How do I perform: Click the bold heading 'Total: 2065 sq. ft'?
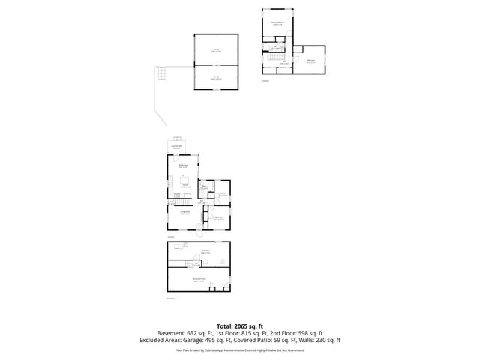click(x=240, y=325)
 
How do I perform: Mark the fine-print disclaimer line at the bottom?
click(x=240, y=349)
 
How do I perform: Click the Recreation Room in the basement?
click(x=199, y=280)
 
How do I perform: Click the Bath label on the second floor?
click(x=276, y=48)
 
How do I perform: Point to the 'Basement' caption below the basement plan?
click(x=169, y=298)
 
